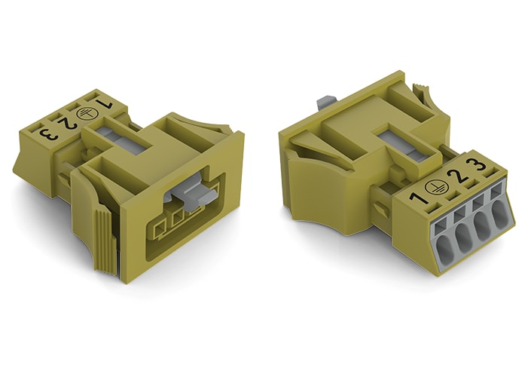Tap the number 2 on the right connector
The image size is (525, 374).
point(456,176)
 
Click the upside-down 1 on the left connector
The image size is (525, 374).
point(104,104)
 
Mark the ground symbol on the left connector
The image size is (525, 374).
point(84,114)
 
